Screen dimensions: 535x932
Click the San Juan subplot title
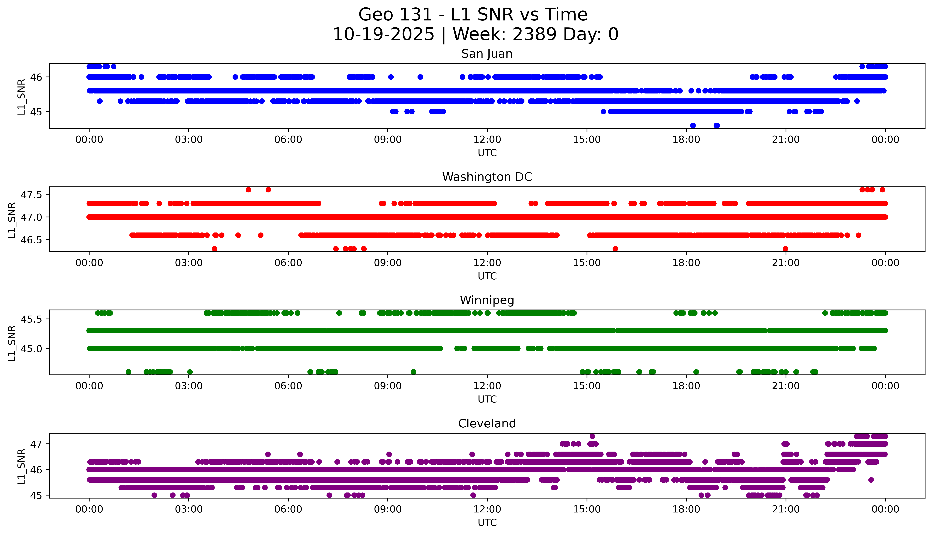pos(487,54)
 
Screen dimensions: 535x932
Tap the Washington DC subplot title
pos(487,177)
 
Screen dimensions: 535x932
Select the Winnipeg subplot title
pos(487,300)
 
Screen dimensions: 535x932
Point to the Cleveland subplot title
pos(487,424)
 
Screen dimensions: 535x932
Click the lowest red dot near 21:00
pos(785,249)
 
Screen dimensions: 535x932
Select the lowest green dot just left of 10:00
pos(413,372)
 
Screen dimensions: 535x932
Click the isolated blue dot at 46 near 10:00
pos(420,77)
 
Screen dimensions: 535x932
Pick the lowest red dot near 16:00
pos(615,249)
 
